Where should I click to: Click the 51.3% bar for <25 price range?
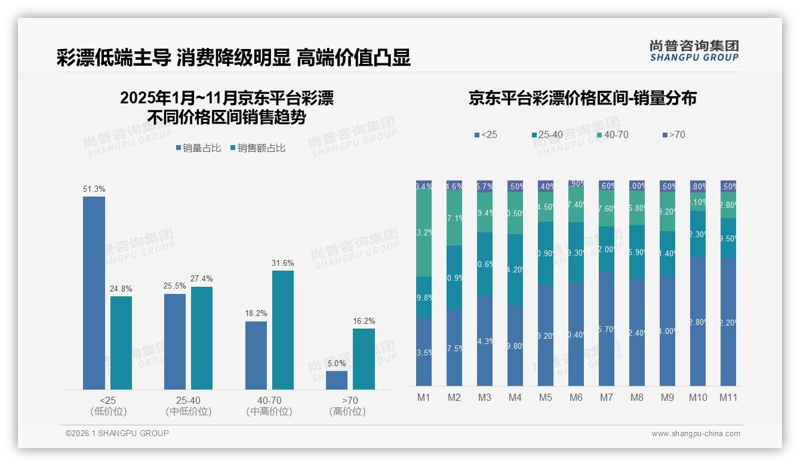[x=94, y=293]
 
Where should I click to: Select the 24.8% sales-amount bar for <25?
[x=121, y=343]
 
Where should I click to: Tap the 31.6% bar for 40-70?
[x=283, y=330]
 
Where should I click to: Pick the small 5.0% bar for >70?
[x=337, y=380]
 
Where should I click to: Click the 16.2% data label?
[x=364, y=321]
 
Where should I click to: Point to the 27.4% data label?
[x=202, y=279]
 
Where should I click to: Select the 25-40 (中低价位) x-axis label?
[x=189, y=406]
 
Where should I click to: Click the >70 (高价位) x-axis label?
[x=347, y=406]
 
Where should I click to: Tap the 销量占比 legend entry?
[x=201, y=148]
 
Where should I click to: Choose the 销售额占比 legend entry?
[x=257, y=148]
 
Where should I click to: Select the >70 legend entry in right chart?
[x=673, y=135]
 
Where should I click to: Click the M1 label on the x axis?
[x=423, y=397]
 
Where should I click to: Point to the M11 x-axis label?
[x=728, y=397]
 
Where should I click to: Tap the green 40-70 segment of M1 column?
[x=423, y=234]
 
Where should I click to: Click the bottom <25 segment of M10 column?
[x=698, y=321]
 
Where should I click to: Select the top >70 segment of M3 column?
[x=485, y=186]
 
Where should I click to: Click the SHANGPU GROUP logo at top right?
[x=694, y=51]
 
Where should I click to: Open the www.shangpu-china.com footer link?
[x=696, y=434]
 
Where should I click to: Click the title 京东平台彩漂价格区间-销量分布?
[x=582, y=99]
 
